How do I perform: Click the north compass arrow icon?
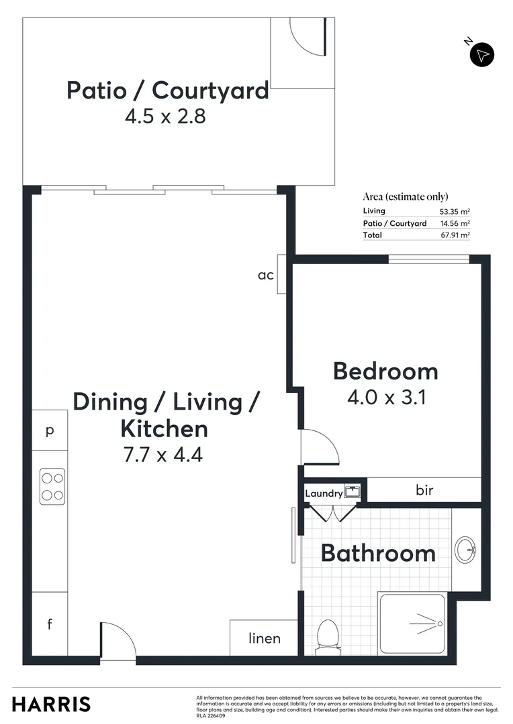[x=481, y=54]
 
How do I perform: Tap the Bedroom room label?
[x=385, y=371]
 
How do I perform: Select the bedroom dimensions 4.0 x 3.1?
[x=387, y=397]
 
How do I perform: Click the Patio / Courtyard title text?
[x=167, y=90]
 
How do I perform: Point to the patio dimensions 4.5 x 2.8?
[x=165, y=117]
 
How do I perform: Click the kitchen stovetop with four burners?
[x=52, y=487]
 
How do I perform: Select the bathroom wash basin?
[x=465, y=550]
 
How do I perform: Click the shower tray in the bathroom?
[x=412, y=623]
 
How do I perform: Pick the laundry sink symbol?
[x=352, y=492]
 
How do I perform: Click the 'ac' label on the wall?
[x=266, y=274]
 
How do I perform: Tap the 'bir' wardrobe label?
[x=424, y=490]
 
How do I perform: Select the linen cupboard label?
[x=265, y=638]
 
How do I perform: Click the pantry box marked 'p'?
[x=49, y=430]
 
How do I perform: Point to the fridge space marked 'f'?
[x=49, y=624]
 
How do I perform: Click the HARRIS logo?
[x=51, y=704]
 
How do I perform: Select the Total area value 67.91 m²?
[x=455, y=235]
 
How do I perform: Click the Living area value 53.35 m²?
[x=455, y=211]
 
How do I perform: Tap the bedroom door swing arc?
[x=320, y=446]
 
